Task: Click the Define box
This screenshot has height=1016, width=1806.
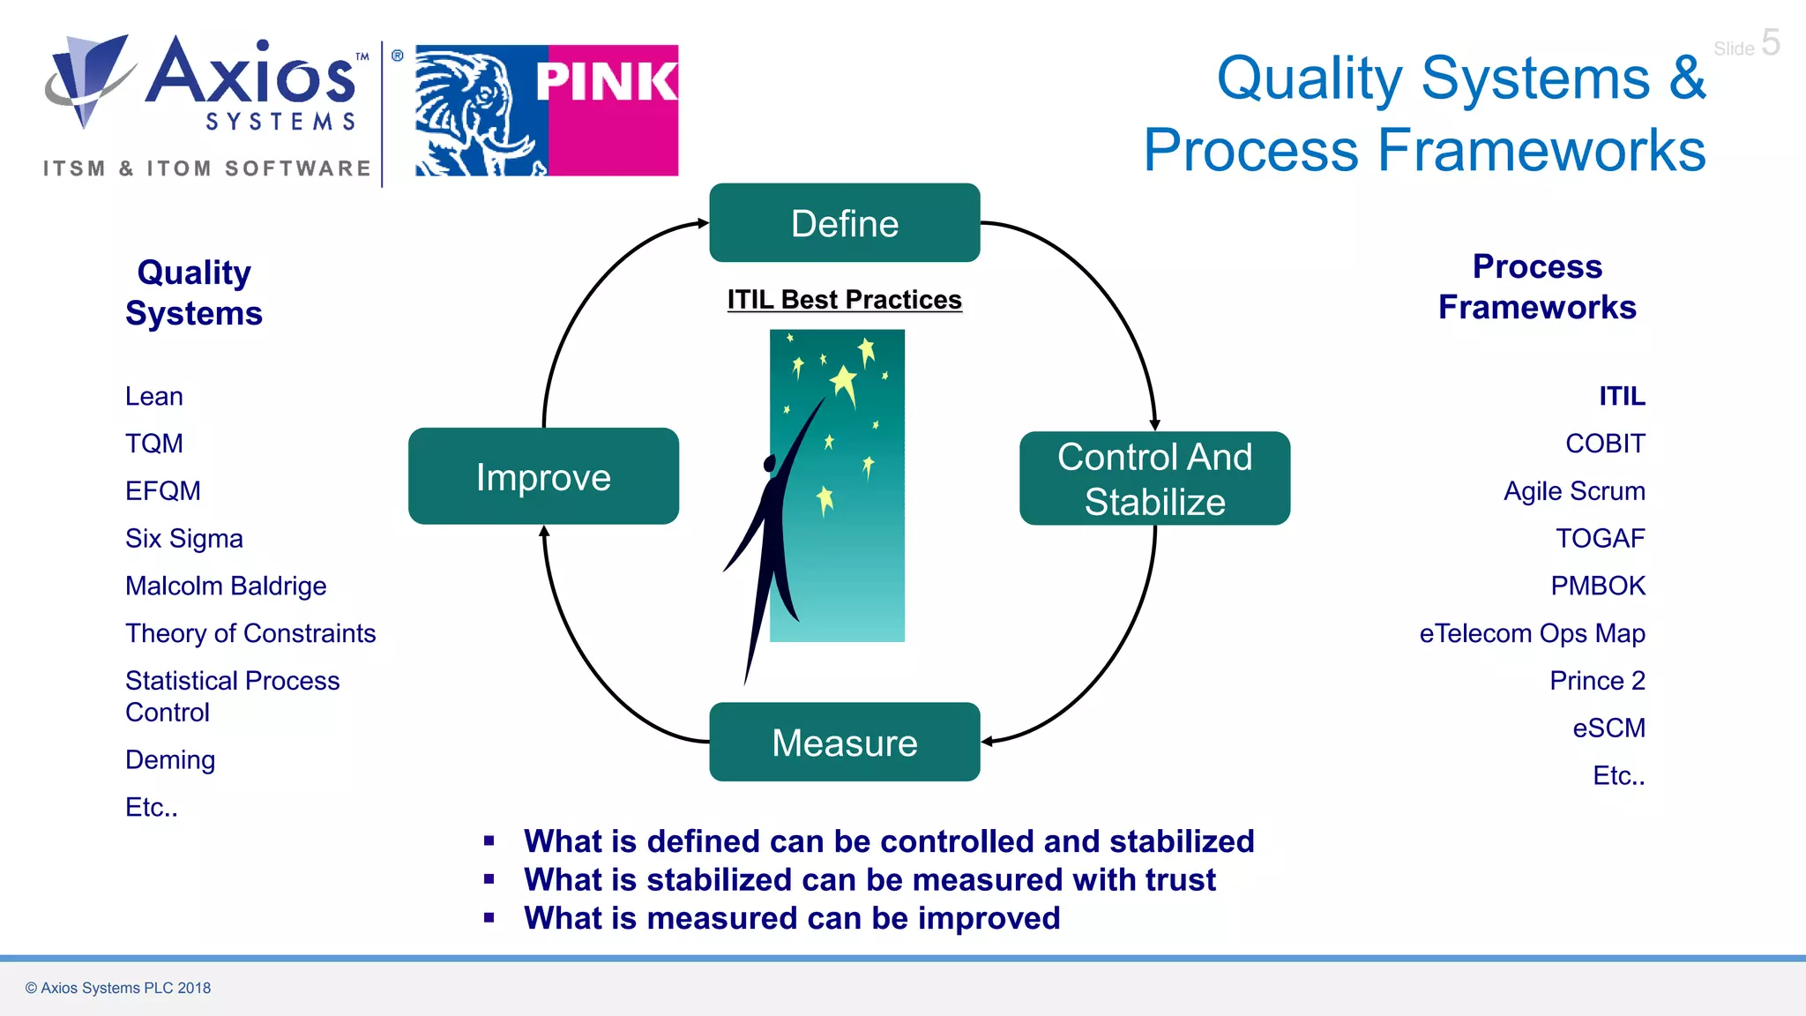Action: tap(844, 223)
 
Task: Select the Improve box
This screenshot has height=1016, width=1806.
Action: tap(543, 477)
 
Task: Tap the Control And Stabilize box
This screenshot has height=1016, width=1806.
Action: tap(1154, 479)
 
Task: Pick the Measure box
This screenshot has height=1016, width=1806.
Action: tap(844, 743)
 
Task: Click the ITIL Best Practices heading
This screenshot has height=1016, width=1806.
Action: tap(844, 300)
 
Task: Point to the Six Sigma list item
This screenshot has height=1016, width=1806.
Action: tap(183, 539)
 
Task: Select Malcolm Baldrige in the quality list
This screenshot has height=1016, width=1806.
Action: tap(226, 586)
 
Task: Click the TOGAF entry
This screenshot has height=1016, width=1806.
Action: tap(1600, 539)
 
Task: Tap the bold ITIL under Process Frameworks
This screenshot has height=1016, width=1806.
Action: tap(1622, 397)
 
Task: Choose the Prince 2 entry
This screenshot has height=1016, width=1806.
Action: tap(1597, 681)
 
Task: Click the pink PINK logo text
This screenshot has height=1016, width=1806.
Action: tap(607, 82)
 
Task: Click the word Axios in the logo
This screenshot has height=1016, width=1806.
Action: tap(251, 74)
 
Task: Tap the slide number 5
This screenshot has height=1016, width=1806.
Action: tap(1770, 42)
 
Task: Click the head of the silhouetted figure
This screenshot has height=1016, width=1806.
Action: tap(770, 463)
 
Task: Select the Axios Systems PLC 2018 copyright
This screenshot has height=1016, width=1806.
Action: tap(118, 988)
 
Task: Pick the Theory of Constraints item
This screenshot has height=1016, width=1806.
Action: tap(250, 634)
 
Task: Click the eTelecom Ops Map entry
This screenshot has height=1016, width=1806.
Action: tap(1532, 634)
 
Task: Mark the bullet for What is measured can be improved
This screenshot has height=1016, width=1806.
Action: tap(489, 918)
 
